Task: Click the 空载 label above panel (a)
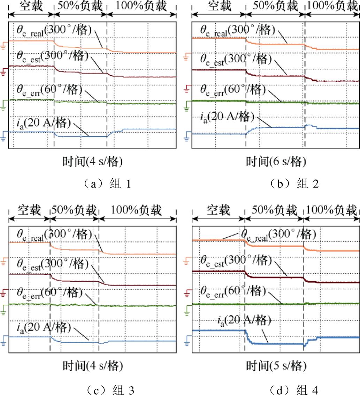point(31,6)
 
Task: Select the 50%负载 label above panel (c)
point(74,211)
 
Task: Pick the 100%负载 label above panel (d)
point(332,211)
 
